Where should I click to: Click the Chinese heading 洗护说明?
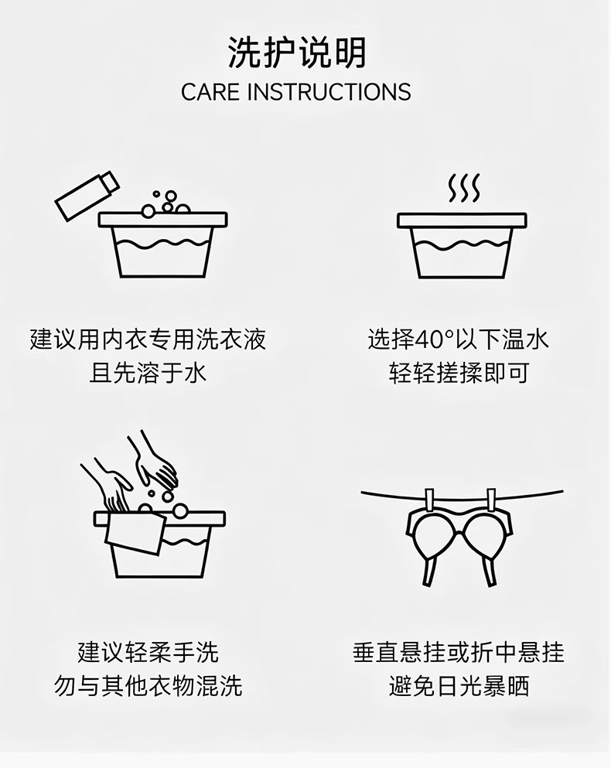coord(297,53)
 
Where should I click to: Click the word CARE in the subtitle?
coord(210,92)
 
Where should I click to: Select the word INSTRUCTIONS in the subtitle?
coord(329,92)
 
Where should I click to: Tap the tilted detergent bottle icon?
coord(87,196)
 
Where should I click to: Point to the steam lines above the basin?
coord(463,188)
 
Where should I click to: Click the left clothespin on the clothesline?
coord(430,500)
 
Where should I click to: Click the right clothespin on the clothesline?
coord(491,500)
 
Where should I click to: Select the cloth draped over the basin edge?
coord(135,534)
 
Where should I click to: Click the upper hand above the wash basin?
coord(153,460)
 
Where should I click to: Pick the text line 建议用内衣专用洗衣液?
coord(148,340)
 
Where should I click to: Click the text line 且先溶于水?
coord(148,373)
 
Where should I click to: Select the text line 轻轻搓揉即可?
coord(459,373)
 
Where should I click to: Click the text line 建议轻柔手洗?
coord(148,652)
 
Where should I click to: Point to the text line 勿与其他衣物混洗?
coord(148,685)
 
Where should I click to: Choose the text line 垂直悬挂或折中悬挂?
coord(459,652)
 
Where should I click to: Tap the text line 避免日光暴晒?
coord(459,685)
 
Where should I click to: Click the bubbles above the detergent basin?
coord(165,203)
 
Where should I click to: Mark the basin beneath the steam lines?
coord(462,245)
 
